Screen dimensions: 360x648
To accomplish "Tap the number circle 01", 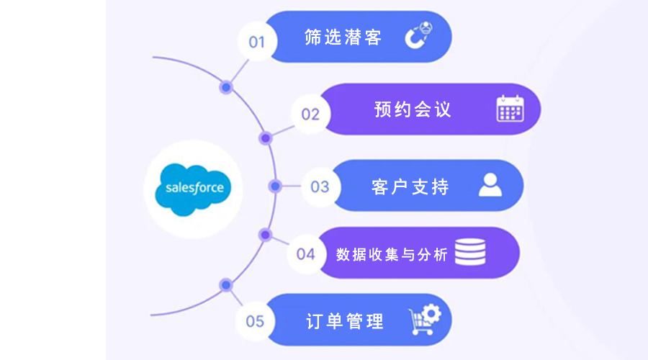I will pyautogui.click(x=257, y=42).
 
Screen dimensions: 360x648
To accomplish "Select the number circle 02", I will pyautogui.click(x=310, y=114).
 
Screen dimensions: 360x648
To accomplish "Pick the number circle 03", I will pyautogui.click(x=319, y=186).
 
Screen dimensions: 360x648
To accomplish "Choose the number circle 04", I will pyautogui.click(x=306, y=253).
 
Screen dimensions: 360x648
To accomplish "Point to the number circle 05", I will pyautogui.click(x=255, y=320).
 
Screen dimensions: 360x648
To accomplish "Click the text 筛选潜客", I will pyautogui.click(x=343, y=37).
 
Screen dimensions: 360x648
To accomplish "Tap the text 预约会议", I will pyautogui.click(x=413, y=109).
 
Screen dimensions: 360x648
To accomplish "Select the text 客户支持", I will pyautogui.click(x=410, y=186).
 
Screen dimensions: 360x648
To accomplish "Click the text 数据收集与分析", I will pyautogui.click(x=392, y=254).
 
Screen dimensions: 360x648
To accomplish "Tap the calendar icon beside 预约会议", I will pyautogui.click(x=510, y=109).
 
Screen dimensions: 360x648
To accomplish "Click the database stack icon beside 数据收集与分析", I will pyautogui.click(x=470, y=251).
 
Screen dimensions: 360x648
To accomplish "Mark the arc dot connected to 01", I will pyautogui.click(x=226, y=87).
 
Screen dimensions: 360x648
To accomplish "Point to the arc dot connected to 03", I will pyautogui.click(x=274, y=186).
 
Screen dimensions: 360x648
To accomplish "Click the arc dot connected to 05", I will pyautogui.click(x=226, y=285).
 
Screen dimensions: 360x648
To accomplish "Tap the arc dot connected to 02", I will pyautogui.click(x=265, y=138).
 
